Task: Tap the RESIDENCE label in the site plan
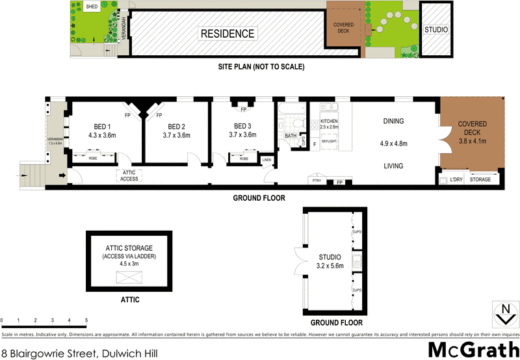pos(227,34)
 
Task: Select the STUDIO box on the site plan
pos(435,30)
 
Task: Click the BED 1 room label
pos(101,127)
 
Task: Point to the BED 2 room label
pos(177,127)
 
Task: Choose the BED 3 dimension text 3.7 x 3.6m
pos(242,136)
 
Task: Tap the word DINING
pos(393,121)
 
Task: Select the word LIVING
pos(393,166)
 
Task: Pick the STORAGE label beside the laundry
pos(480,179)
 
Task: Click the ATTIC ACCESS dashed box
pos(129,175)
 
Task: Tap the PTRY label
pos(317,181)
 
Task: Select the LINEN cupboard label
pos(266,159)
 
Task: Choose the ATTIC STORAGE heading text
pos(129,248)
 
